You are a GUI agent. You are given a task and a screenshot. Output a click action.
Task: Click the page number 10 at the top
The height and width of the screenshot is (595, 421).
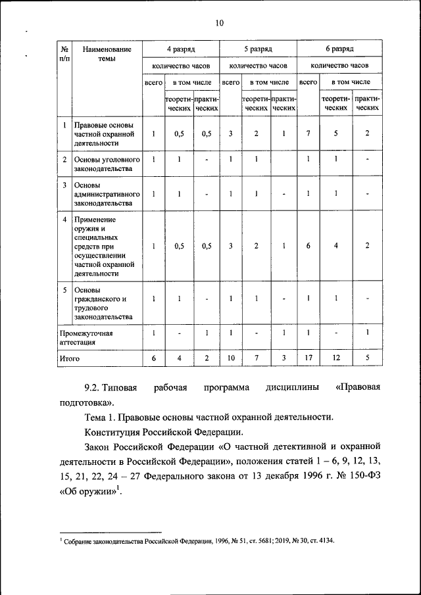click(219, 24)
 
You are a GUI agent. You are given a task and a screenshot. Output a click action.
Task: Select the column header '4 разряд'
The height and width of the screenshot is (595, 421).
click(180, 49)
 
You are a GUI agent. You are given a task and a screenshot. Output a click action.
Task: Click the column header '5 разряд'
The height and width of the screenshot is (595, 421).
click(258, 49)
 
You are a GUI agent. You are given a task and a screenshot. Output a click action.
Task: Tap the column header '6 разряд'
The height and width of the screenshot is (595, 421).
click(339, 49)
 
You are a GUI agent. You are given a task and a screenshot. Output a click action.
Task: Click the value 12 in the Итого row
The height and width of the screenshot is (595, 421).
click(335, 358)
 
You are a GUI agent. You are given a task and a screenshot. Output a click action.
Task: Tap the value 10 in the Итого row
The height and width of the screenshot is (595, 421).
click(230, 358)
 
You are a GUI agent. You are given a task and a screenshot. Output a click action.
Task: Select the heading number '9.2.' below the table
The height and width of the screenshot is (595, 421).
click(96, 388)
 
